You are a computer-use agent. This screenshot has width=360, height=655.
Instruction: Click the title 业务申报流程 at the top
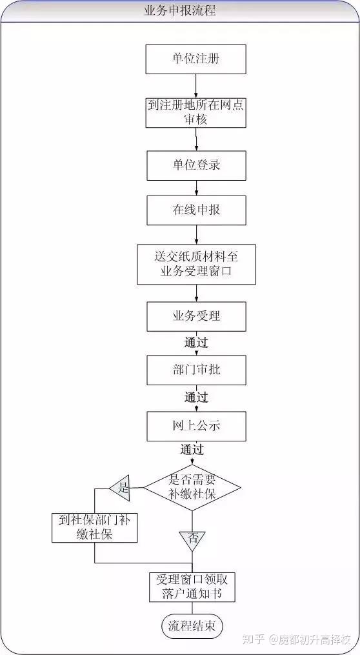(179, 10)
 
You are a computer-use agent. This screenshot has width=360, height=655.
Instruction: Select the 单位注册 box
(196, 59)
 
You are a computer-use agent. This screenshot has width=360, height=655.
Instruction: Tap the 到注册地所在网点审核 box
(196, 112)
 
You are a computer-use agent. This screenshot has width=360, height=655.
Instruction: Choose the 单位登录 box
(196, 165)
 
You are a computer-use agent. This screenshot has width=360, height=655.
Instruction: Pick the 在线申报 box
(196, 210)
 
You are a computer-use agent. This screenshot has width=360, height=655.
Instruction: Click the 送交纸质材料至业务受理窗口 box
(196, 265)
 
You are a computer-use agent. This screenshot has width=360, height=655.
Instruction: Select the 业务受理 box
(196, 316)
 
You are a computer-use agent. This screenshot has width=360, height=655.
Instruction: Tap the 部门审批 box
(196, 370)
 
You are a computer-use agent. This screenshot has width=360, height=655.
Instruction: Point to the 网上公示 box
(196, 426)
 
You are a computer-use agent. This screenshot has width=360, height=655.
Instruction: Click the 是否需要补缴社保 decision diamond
(192, 487)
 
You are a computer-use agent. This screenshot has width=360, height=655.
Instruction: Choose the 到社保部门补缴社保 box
(95, 528)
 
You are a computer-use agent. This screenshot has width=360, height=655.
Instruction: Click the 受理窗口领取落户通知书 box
(192, 587)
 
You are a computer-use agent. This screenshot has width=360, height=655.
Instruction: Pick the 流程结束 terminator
(192, 626)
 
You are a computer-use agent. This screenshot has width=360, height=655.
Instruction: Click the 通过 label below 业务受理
(196, 343)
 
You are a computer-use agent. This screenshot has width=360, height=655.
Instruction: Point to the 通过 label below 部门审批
(196, 398)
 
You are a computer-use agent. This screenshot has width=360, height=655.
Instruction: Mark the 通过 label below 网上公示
(192, 450)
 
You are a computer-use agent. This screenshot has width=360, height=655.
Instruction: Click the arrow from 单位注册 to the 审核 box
(195, 86)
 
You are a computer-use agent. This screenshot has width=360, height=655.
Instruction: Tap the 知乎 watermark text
(254, 639)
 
